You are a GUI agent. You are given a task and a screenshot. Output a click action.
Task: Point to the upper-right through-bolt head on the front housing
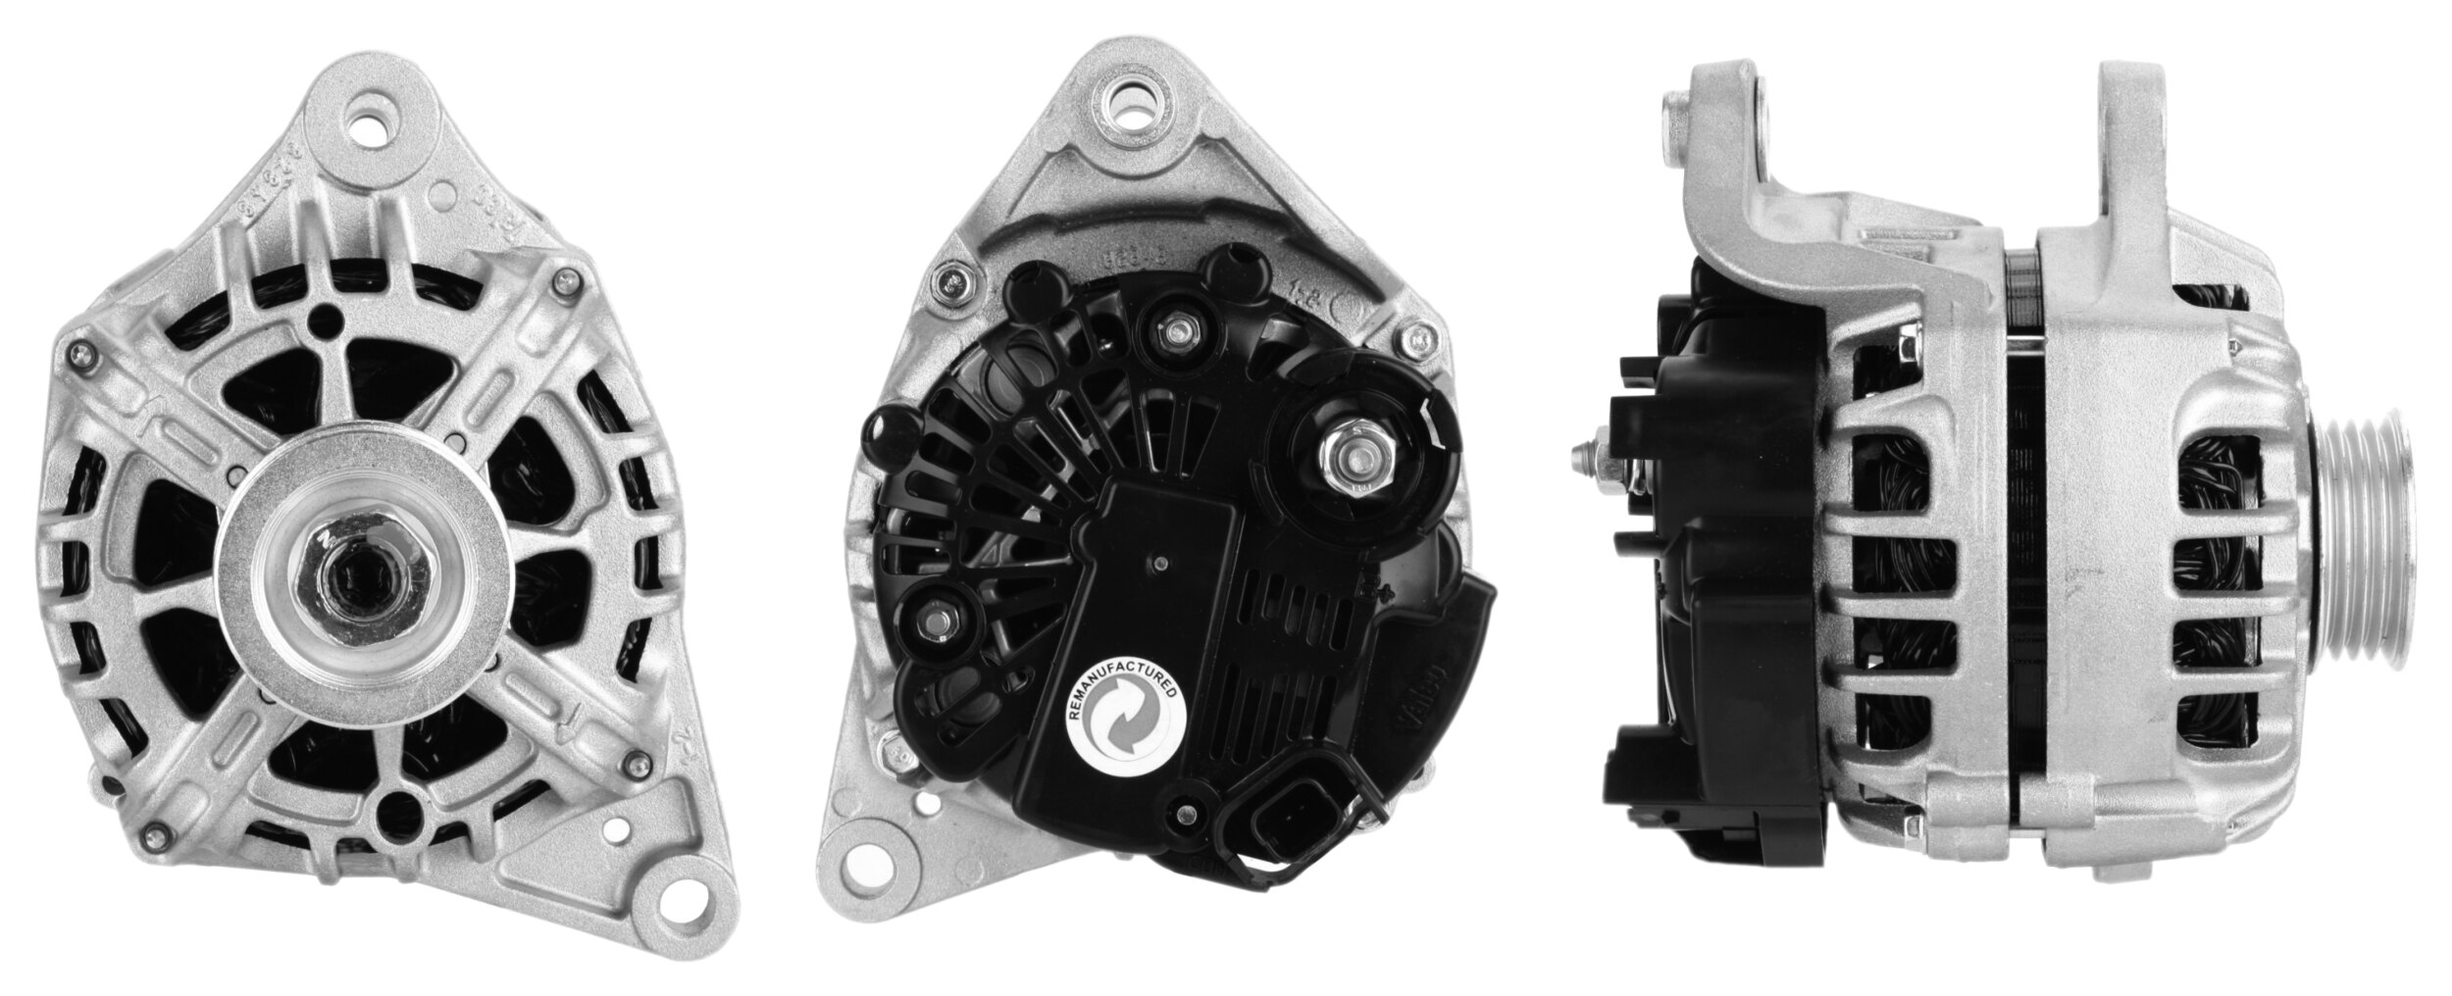click(x=562, y=284)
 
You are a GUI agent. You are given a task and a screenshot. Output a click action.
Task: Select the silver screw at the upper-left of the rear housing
click(x=950, y=284)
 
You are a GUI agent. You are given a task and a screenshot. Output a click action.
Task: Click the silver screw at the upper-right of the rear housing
click(x=1416, y=340)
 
